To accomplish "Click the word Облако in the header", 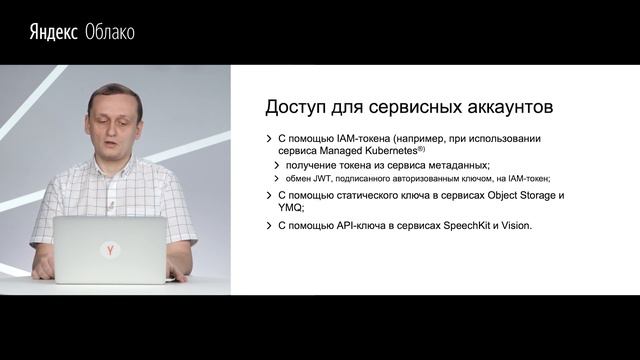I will coord(109,32).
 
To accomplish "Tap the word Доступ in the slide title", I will coord(298,106).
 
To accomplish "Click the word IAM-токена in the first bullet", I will coord(371,137).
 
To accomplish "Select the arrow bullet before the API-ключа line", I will coord(268,226).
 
